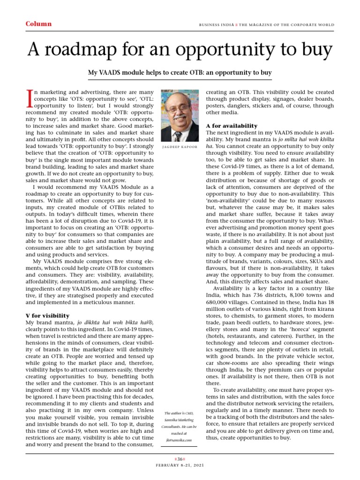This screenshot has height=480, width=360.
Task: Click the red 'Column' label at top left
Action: [38, 24]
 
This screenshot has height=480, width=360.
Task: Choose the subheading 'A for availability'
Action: [232, 126]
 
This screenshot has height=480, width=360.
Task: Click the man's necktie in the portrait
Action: [178, 135]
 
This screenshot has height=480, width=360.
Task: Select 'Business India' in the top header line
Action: [216, 24]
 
